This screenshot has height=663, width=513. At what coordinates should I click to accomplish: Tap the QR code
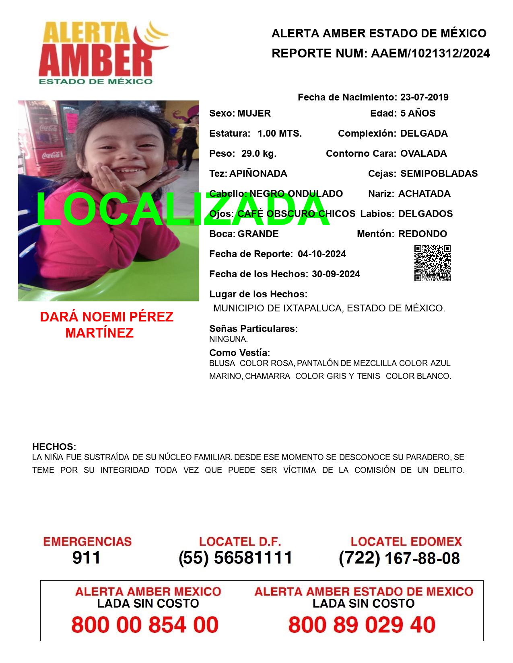click(433, 263)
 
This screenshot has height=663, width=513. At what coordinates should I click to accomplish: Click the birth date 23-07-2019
click(424, 97)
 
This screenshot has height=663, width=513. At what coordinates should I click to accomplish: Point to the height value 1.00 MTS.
click(280, 133)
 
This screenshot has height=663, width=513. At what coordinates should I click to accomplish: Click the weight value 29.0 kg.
click(259, 153)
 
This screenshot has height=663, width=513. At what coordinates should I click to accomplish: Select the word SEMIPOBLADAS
click(439, 174)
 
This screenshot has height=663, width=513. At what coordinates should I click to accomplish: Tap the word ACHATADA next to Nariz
click(424, 194)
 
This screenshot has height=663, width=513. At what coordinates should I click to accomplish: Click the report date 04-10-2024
click(322, 254)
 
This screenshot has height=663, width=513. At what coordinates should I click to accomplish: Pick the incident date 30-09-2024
click(336, 274)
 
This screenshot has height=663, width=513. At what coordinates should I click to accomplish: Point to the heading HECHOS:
click(54, 447)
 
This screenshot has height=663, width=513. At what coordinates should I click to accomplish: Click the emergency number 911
click(87, 558)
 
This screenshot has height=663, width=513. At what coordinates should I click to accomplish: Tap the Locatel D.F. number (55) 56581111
click(235, 558)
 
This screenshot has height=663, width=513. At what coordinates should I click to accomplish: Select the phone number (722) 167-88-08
click(399, 558)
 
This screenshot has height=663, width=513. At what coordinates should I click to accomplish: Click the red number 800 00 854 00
click(145, 625)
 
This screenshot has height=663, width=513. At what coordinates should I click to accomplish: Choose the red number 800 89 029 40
click(362, 625)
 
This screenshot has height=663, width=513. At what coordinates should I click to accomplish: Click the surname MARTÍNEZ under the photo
click(99, 333)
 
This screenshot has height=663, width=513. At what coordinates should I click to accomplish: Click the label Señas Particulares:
click(253, 329)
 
